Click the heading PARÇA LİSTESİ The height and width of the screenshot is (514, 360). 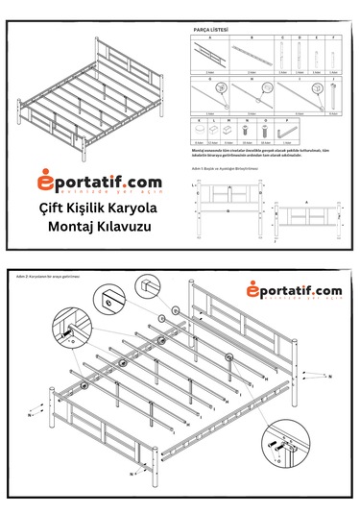coord(211,30)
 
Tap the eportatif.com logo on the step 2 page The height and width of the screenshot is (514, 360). coord(293,291)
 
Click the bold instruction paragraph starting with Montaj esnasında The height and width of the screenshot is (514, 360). coord(264,153)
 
